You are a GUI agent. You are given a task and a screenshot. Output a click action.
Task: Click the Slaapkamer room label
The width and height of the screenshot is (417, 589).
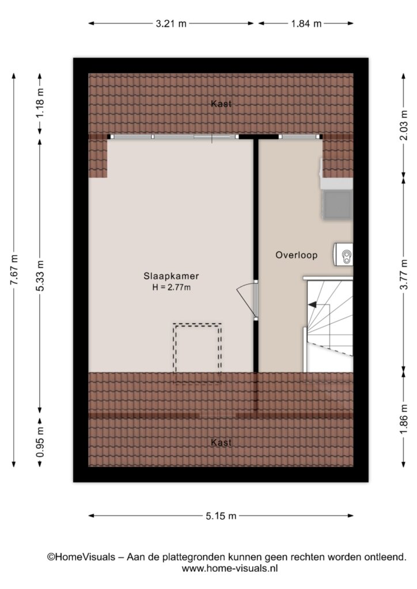[x=171, y=276]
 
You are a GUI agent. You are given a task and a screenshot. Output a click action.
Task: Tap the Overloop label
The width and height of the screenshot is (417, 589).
[x=296, y=255]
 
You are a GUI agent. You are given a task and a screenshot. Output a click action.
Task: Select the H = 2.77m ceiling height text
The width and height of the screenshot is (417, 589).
[x=171, y=288]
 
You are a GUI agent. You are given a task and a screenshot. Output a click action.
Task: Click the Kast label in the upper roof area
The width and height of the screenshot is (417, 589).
[x=221, y=104]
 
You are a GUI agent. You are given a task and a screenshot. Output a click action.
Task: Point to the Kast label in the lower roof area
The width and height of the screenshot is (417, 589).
[x=221, y=442]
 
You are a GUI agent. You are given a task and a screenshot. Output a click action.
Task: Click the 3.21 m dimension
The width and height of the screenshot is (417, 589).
[x=171, y=24]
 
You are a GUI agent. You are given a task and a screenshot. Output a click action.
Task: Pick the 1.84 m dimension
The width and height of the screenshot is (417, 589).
[x=306, y=24]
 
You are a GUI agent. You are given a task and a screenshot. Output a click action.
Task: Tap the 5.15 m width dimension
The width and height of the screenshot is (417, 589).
[x=221, y=516]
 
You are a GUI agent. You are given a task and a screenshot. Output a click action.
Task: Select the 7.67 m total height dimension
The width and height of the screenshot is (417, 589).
[x=14, y=270]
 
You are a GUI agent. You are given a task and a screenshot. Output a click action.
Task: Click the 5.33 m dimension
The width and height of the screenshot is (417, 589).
[x=40, y=276]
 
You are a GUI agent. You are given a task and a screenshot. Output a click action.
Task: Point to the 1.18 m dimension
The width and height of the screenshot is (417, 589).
[x=40, y=102]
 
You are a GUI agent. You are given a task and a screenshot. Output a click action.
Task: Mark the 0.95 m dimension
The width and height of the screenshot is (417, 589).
[x=40, y=442]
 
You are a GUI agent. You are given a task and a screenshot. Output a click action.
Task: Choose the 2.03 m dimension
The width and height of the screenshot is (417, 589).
[x=404, y=125]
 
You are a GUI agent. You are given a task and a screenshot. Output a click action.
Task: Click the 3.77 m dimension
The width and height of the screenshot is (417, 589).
[x=404, y=274]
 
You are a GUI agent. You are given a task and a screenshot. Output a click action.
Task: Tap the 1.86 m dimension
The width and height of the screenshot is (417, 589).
[x=404, y=419]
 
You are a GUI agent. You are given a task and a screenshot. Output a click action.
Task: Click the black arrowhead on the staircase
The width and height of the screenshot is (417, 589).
[x=312, y=305]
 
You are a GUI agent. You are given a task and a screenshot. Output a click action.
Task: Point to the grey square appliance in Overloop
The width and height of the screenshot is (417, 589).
[x=338, y=205]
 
